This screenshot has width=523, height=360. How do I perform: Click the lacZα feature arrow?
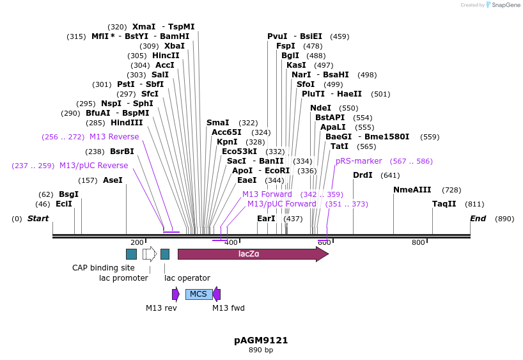coord(253,254)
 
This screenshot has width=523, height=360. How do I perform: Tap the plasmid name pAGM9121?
coord(261,340)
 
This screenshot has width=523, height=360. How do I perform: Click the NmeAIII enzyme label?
coord(412,190)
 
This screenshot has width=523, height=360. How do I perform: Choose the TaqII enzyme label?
coord(444,204)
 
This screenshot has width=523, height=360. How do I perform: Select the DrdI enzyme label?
coord(363,175)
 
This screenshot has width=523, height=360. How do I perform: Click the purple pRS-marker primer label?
coord(359,161)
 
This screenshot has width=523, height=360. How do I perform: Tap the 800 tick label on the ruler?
coord(418,242)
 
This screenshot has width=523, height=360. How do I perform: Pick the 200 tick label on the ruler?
coord(137,242)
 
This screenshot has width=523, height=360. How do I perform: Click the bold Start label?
coord(38,219)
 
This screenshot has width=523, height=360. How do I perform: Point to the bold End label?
coord(478,219)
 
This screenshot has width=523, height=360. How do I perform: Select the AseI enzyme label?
coord(113,180)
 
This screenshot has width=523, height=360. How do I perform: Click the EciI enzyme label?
coord(64,204)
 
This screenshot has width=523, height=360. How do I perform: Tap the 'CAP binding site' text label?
coord(104,268)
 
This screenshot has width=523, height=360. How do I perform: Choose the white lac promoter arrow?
coord(150,254)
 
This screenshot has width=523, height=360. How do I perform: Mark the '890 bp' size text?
coord(261,350)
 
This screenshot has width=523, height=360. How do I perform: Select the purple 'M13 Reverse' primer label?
coord(114,137)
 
